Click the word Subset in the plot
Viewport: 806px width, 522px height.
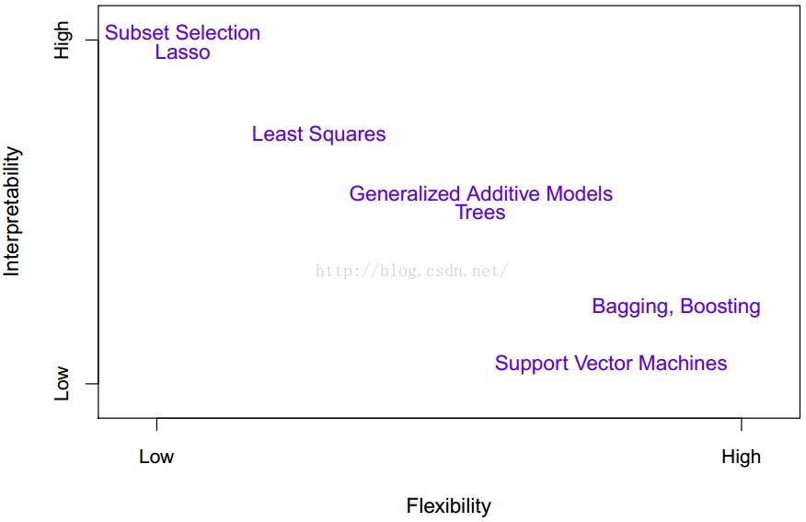pyautogui.click(x=137, y=33)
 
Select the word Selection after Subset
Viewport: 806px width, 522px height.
pyautogui.click(x=218, y=33)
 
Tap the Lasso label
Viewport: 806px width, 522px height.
pyautogui.click(x=182, y=52)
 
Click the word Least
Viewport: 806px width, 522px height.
pyautogui.click(x=278, y=134)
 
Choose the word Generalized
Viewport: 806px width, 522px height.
pyautogui.click(x=405, y=194)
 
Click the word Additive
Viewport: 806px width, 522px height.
pyautogui.click(x=503, y=194)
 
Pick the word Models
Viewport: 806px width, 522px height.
pyautogui.click(x=580, y=194)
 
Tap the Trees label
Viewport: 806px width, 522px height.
pyautogui.click(x=480, y=213)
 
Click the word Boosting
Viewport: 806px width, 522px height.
pyautogui.click(x=720, y=307)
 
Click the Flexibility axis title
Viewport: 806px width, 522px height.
pyautogui.click(x=449, y=506)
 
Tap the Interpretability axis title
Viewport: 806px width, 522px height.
pyautogui.click(x=11, y=212)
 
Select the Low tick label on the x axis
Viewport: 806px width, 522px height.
pyautogui.click(x=156, y=457)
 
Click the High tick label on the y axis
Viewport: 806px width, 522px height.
pyautogui.click(x=63, y=41)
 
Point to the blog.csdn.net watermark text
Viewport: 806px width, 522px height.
pyautogui.click(x=412, y=271)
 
